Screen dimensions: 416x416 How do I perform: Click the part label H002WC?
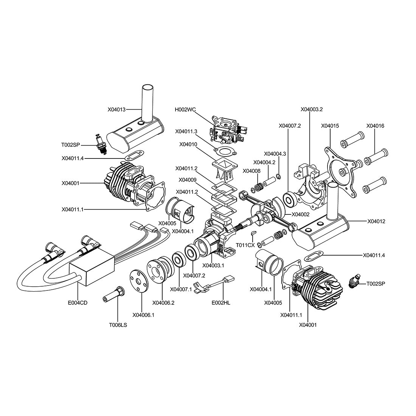185,110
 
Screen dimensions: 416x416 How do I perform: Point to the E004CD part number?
78,303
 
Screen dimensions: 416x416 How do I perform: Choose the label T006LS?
118,325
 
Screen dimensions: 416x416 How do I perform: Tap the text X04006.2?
163,303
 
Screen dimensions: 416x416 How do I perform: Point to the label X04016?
375,126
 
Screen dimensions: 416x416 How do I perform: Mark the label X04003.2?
312,109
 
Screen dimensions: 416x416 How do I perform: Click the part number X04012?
376,221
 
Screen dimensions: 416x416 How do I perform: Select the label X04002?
301,214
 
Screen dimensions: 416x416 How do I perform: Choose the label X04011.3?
186,131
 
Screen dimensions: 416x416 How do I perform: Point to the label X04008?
251,171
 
